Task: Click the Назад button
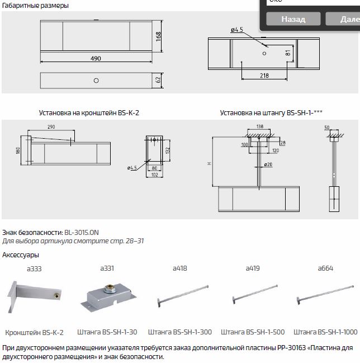(x=293, y=18)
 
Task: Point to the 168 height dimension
(x=159, y=36)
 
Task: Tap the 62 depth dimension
(x=159, y=81)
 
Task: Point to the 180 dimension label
(x=18, y=151)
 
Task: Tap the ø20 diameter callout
(x=269, y=165)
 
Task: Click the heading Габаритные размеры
(x=36, y=6)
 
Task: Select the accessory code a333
(x=34, y=268)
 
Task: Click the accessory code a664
(x=325, y=268)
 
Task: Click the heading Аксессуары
(x=21, y=255)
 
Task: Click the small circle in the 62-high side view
(x=96, y=81)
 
